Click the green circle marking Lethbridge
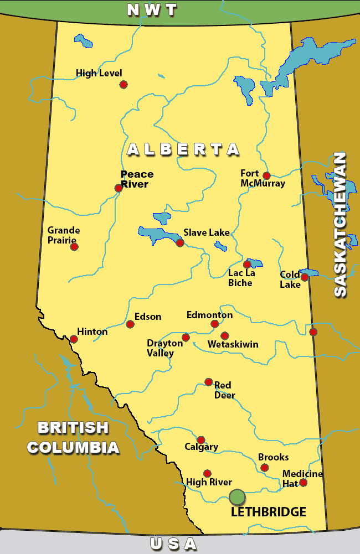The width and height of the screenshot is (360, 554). [x=237, y=497]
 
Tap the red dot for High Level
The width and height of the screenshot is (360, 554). [x=124, y=84]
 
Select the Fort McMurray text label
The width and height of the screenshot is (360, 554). [x=263, y=178]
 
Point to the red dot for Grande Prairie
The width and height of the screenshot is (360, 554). [x=74, y=246]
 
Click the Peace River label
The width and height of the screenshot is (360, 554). [x=137, y=179]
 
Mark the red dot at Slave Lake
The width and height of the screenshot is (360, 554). [x=179, y=242]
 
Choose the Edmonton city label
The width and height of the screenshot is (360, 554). [x=209, y=315]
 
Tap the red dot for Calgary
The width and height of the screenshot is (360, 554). [x=201, y=439]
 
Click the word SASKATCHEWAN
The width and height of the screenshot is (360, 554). [x=340, y=224]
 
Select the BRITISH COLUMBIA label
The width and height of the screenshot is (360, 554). [x=73, y=437]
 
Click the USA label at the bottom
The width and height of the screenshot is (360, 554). [x=173, y=543]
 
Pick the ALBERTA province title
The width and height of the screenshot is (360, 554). [x=183, y=149]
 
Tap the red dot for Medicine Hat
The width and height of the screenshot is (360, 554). [x=303, y=483]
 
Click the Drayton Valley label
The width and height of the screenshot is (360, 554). [x=164, y=348]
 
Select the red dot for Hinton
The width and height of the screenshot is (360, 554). [x=74, y=339]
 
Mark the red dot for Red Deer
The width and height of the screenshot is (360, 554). [x=208, y=381]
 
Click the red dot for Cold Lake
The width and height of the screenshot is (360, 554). [x=304, y=277]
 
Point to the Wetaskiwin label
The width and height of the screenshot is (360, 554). [x=233, y=344]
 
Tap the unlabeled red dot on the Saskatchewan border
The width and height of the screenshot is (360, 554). [x=313, y=332]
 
